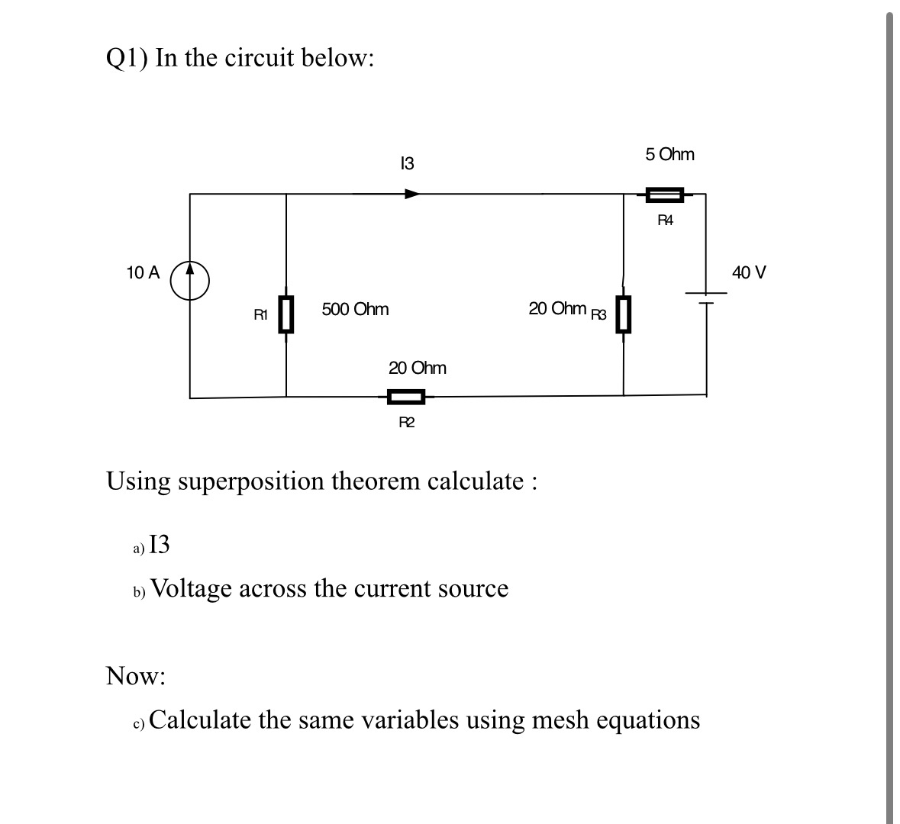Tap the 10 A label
pos(143,272)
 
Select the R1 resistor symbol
pos(286,314)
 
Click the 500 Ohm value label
pos(355,309)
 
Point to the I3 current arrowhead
pos(412,194)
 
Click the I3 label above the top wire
pos(407,163)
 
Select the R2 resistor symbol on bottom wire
pos(406,397)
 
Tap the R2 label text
pos(407,423)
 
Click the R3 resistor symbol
pos(624,314)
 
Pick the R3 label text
pos(598,313)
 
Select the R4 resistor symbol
pos(665,195)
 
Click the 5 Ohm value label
pos(669,154)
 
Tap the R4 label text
pos(666,221)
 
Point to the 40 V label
pos(749,272)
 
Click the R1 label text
pos(260,314)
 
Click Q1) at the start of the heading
pos(127,58)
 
